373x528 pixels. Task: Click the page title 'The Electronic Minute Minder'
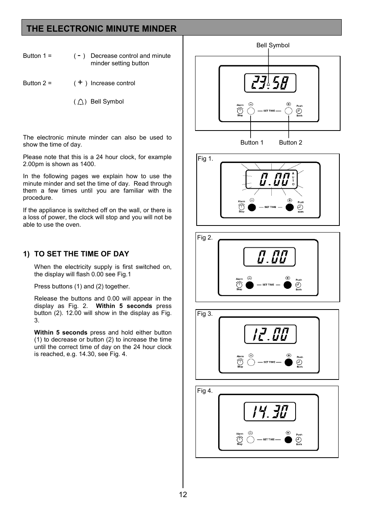tap(102, 29)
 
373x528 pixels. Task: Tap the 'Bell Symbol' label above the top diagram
tap(273, 45)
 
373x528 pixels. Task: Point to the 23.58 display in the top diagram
tap(270, 83)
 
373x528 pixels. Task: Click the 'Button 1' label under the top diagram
tap(252, 143)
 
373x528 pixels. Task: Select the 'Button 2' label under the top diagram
tap(291, 143)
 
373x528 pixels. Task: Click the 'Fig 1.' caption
tap(205, 159)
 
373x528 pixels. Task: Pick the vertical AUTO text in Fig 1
tap(293, 179)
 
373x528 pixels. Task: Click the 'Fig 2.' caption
tap(205, 238)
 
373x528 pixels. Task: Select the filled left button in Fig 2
tap(249, 285)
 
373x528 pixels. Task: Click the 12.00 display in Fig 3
tap(270, 334)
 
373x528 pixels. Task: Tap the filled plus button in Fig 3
tap(289, 362)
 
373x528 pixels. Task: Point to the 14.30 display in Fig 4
tap(270, 412)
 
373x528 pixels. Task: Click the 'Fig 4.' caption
tap(205, 391)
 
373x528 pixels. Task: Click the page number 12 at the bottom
tap(183, 495)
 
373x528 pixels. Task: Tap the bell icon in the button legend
tap(80, 102)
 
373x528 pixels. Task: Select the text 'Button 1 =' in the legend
tap(37, 56)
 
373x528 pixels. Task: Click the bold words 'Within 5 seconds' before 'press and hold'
tap(61, 333)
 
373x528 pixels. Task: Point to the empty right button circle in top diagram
tap(289, 111)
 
